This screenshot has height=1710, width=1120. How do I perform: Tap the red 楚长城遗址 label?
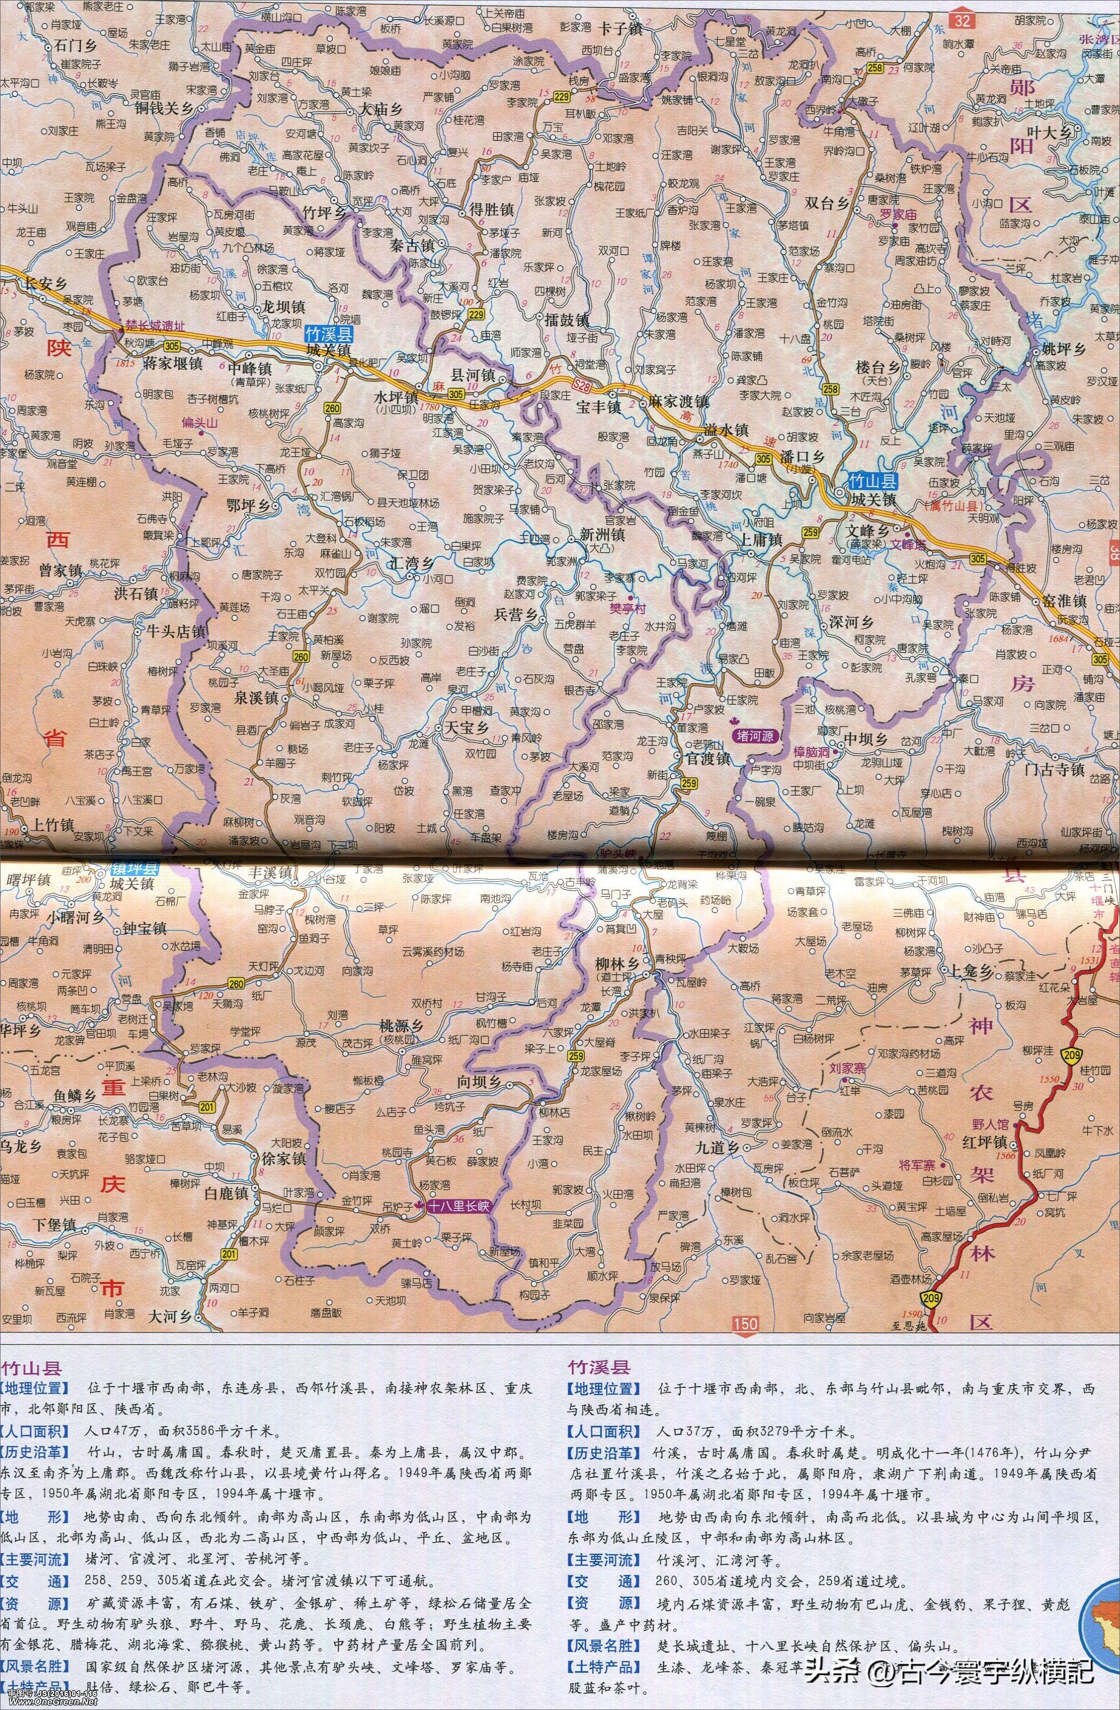coord(155,326)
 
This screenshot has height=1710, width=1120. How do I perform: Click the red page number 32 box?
coord(962,20)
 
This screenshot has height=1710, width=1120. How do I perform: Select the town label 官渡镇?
coord(706,759)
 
